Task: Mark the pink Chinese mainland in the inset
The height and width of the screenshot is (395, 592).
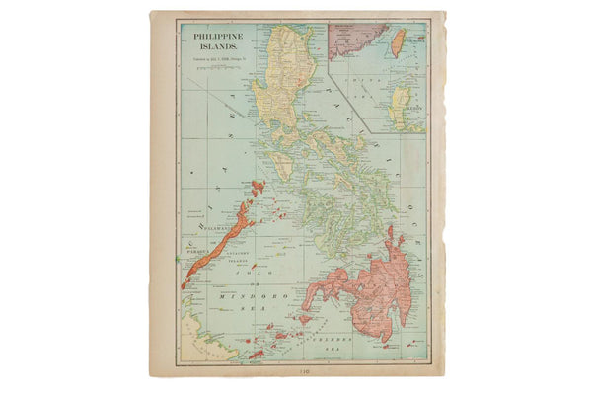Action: pos(350,39)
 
